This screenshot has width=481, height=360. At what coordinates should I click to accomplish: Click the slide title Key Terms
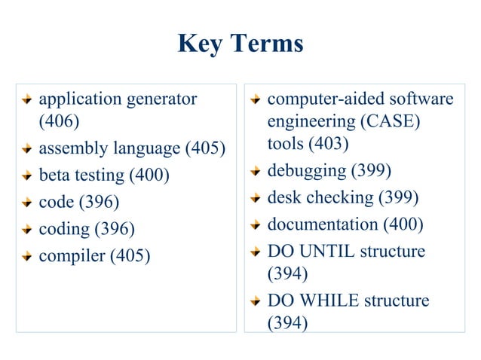(x=240, y=44)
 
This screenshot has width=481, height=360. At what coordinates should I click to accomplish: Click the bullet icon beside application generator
(x=26, y=99)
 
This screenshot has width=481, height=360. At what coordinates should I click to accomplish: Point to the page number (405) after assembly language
(x=205, y=148)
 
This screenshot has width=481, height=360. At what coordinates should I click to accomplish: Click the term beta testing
(x=81, y=175)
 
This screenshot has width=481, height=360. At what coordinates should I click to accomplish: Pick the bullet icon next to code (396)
(x=26, y=203)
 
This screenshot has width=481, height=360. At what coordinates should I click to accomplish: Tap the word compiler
(x=72, y=256)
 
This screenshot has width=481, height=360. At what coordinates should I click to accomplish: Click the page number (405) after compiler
(x=130, y=256)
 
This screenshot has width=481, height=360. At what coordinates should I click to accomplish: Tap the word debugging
(x=307, y=170)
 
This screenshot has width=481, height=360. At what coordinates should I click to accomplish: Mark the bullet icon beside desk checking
(x=256, y=198)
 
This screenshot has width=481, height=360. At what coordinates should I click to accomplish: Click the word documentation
(x=323, y=224)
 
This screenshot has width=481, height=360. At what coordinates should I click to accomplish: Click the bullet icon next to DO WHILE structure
(x=256, y=301)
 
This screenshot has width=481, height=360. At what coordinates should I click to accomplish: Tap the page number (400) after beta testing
(x=149, y=175)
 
